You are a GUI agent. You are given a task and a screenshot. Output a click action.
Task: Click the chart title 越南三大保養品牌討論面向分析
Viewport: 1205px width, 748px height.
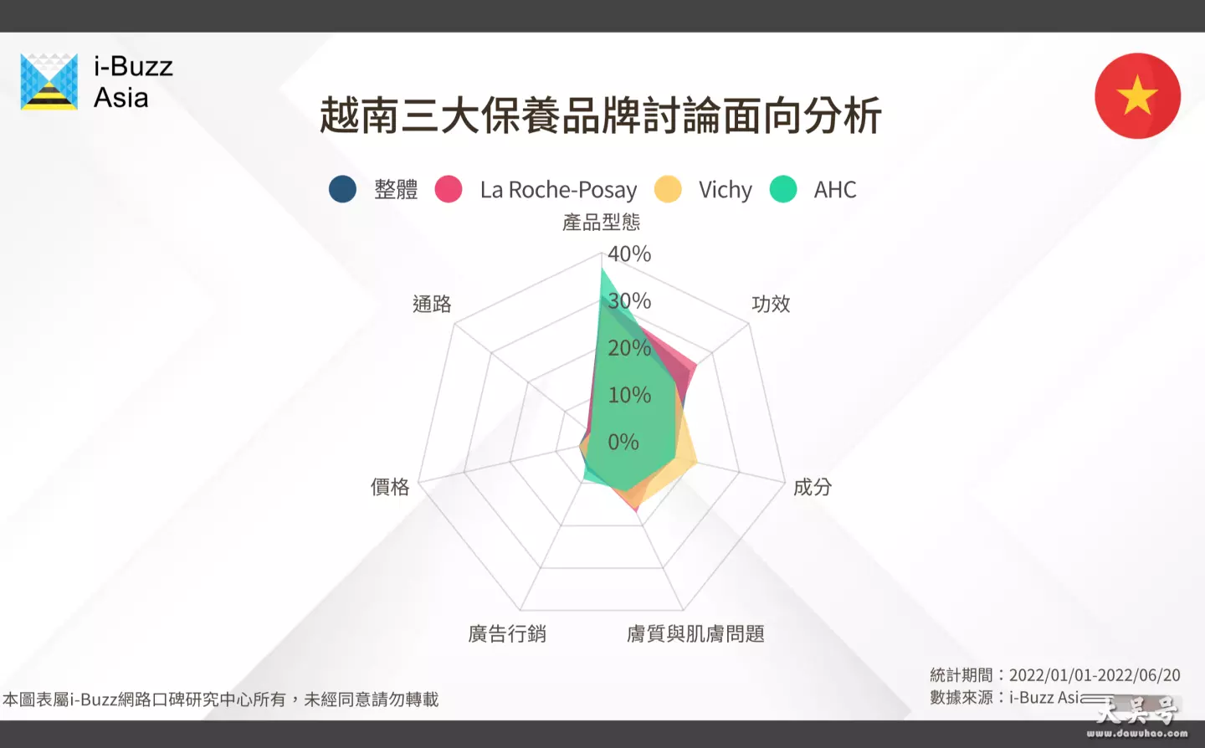(x=600, y=115)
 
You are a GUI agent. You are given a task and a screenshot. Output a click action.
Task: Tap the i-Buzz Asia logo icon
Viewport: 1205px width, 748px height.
(x=49, y=82)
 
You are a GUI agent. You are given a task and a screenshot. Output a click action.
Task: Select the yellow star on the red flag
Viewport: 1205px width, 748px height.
(x=1137, y=95)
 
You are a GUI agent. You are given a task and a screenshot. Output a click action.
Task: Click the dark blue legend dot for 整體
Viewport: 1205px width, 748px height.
(x=343, y=189)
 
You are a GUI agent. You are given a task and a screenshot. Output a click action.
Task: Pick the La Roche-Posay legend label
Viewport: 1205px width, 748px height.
(x=558, y=190)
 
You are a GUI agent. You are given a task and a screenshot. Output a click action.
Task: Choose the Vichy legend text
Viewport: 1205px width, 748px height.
(x=726, y=190)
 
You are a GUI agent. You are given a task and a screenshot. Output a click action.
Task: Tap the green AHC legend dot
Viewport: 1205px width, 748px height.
(x=783, y=189)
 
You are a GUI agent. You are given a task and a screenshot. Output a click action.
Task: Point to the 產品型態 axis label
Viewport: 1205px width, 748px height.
(x=602, y=222)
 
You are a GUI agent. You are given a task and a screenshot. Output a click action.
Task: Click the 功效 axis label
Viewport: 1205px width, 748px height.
(x=771, y=304)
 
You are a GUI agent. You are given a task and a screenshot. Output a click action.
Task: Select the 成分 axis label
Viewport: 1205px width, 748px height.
(x=813, y=487)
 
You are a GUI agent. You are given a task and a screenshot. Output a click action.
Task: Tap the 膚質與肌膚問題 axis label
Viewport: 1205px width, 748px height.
(x=695, y=634)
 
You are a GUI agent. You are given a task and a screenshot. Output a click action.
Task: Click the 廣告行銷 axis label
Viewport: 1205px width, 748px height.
(x=507, y=634)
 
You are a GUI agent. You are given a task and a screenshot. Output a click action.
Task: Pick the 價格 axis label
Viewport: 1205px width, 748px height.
(x=390, y=487)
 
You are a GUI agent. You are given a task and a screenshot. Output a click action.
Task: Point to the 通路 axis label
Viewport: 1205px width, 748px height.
(x=432, y=304)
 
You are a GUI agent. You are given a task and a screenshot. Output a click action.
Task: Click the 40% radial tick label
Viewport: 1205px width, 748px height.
(x=629, y=254)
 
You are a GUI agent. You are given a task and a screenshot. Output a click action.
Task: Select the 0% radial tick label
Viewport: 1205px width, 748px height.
(x=623, y=442)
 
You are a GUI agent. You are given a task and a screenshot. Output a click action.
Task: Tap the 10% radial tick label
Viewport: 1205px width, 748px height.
(x=629, y=395)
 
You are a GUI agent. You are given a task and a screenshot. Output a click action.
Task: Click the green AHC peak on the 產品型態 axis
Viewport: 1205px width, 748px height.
(x=602, y=269)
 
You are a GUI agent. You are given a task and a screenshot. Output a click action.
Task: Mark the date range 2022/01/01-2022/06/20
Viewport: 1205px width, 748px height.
(x=1095, y=675)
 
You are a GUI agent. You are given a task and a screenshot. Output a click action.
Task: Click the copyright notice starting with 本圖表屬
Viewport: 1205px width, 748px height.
(x=221, y=699)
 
